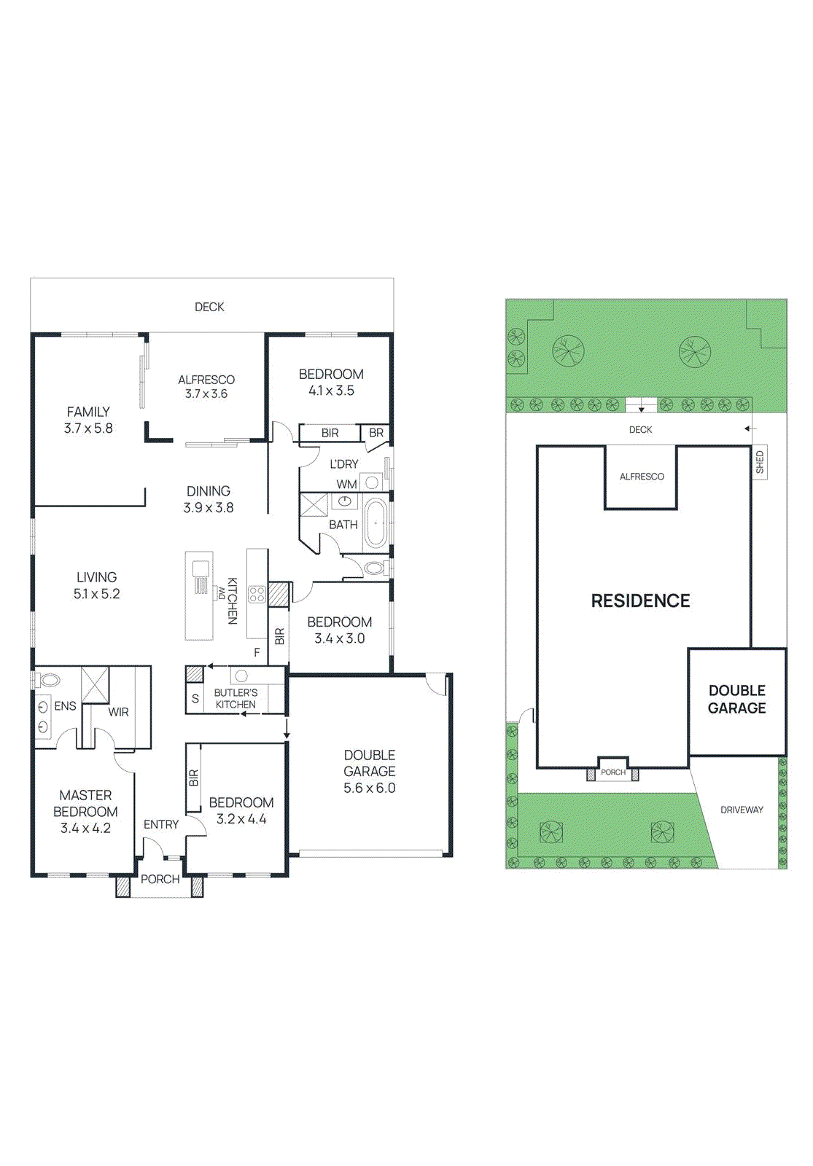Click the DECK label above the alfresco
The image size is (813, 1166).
point(209,307)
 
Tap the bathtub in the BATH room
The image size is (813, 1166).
point(376,523)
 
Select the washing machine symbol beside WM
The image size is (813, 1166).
point(372,482)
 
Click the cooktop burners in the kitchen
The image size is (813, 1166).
point(257,594)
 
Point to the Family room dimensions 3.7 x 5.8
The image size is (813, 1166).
point(88,429)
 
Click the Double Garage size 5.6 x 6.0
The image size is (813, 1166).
point(370,788)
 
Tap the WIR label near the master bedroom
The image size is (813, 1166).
point(118,712)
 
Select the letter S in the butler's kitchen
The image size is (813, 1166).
point(195,698)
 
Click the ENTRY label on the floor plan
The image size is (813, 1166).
point(160,824)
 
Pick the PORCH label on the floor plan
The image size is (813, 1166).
point(160,879)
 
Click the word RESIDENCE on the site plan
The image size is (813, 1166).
point(640,600)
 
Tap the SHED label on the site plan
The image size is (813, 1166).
point(760,462)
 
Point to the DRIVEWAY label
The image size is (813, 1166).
point(742,810)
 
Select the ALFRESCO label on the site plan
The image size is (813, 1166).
point(642,477)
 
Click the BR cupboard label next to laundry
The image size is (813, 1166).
point(376,433)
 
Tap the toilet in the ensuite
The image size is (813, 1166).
point(49,680)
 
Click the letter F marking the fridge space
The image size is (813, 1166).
point(257,652)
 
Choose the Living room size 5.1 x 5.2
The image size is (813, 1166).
point(96,594)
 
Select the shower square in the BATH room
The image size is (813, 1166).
point(314,504)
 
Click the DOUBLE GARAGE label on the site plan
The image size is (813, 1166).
point(737,699)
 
